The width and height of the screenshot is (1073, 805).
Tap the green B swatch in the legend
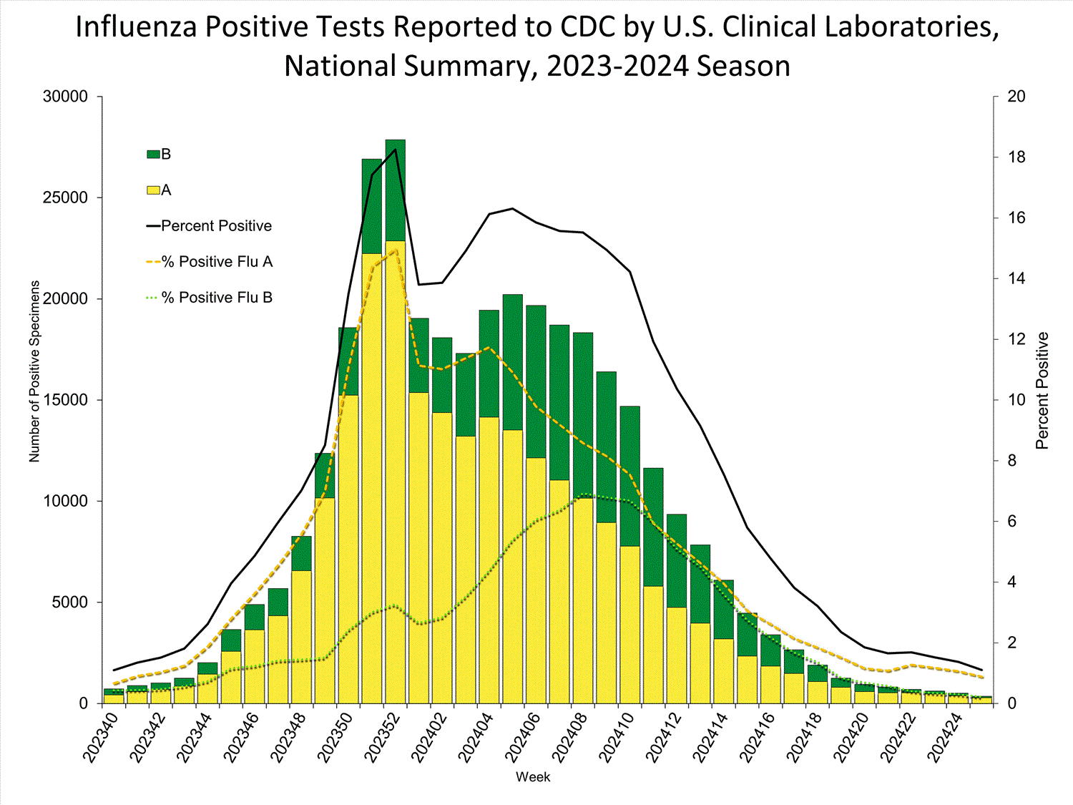pos(153,155)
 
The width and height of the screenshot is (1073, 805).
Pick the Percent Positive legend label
pos(216,226)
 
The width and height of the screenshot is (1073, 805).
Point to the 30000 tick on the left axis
pos(65,97)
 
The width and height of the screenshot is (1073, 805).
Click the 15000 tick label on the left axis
pos(65,400)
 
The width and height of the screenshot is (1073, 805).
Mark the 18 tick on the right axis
pos(1016,157)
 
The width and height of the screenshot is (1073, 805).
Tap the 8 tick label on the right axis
pos(1011,461)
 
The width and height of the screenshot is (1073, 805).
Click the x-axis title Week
pos(533,777)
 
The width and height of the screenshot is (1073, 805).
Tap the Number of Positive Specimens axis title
pos(34,371)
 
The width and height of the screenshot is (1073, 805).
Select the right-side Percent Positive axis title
pos(1042,391)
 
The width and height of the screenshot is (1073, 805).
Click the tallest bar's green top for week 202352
pos(396,190)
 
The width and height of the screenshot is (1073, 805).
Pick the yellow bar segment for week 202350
pos(348,544)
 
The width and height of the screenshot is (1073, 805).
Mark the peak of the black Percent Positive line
pos(396,149)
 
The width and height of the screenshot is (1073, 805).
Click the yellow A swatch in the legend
pos(153,190)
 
